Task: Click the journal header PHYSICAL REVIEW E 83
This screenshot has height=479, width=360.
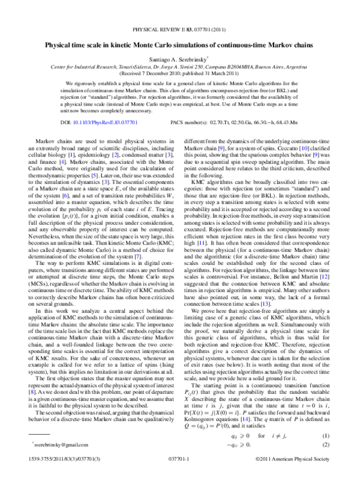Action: tap(180, 28)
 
